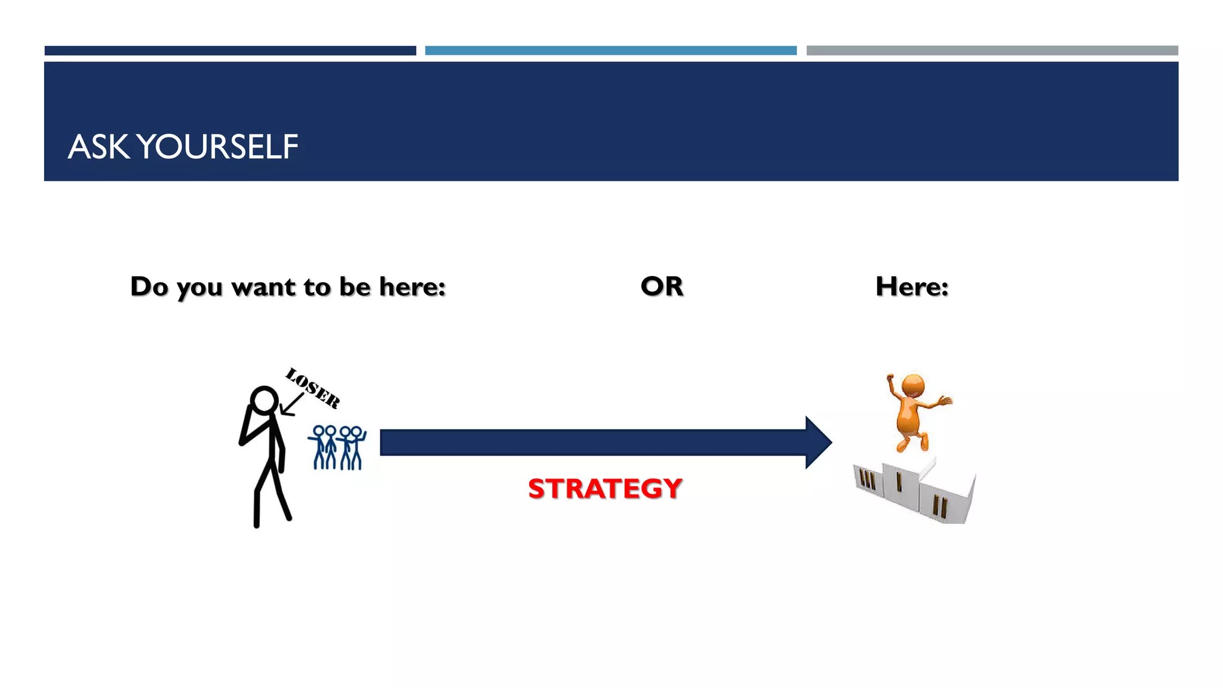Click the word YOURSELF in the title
pyautogui.click(x=218, y=147)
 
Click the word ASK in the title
pyautogui.click(x=99, y=147)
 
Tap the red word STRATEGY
pyautogui.click(x=604, y=489)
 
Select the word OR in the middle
pyautogui.click(x=662, y=287)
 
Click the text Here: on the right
pyautogui.click(x=912, y=287)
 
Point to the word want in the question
pyautogui.click(x=263, y=288)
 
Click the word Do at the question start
pyautogui.click(x=149, y=287)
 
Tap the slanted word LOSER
pyautogui.click(x=312, y=388)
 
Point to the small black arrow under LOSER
pyautogui.click(x=291, y=405)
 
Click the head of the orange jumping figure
pyautogui.click(x=913, y=385)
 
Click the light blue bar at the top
pyautogui.click(x=610, y=51)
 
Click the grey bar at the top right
pyautogui.click(x=992, y=51)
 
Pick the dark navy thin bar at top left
pyautogui.click(x=230, y=51)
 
